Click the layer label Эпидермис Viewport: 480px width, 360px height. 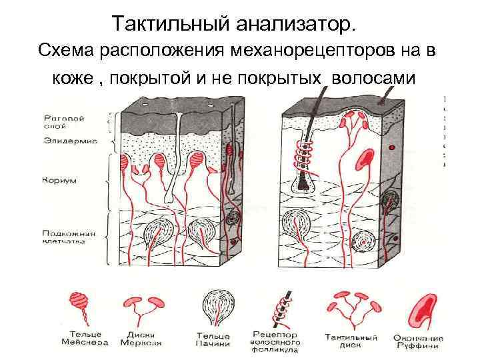tap(69, 141)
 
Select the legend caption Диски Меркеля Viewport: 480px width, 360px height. tap(141, 337)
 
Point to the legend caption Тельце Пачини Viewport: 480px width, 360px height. tap(213, 339)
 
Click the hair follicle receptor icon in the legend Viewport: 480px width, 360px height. tap(281, 308)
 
